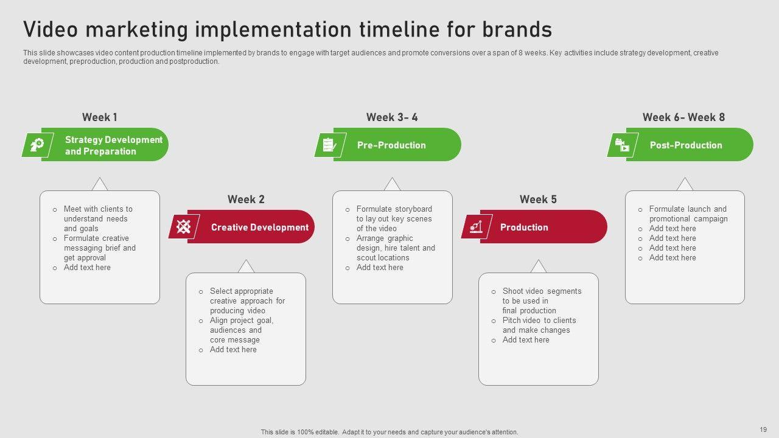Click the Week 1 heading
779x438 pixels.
99,117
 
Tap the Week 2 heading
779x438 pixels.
246,199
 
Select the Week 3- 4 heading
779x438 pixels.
392,117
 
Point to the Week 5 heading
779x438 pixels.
538,199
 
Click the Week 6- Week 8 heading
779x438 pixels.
683,117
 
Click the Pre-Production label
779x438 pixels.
391,145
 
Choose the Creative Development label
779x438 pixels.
260,227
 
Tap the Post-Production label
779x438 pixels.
686,145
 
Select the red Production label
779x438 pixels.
524,227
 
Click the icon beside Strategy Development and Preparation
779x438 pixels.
37,145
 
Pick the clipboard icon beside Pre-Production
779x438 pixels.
329,145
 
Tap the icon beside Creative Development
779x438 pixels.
184,227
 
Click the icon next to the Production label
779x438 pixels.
476,227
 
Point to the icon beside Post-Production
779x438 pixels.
622,145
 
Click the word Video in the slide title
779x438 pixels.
51,29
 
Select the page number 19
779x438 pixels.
763,429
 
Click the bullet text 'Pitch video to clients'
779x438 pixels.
539,320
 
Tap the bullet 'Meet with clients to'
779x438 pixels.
98,209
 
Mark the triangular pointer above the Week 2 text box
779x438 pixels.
246,266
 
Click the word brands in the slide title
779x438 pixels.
517,29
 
